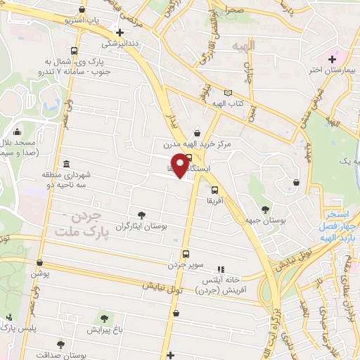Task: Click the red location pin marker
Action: pos(181,165)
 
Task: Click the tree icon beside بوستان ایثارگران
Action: pos(143,214)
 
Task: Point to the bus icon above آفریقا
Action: pos(214,188)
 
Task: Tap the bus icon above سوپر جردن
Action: pos(186,254)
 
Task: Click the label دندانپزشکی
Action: pos(121,43)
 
